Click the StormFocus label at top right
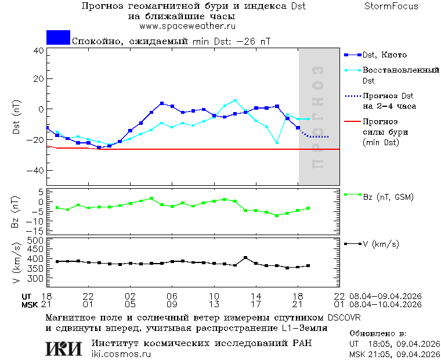coord(391,6)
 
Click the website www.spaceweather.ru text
coord(187,26)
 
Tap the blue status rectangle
coord(58,37)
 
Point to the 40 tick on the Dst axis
coord(39,51)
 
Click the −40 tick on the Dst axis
coord(36,171)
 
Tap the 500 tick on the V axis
coord(37,240)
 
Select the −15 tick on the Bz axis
coord(37,231)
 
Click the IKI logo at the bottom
coord(64,348)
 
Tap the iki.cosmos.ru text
coord(121,354)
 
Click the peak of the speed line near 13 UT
coord(245,257)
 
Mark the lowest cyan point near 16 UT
coord(277,142)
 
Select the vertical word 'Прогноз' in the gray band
coord(317,118)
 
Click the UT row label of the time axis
coord(27,296)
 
